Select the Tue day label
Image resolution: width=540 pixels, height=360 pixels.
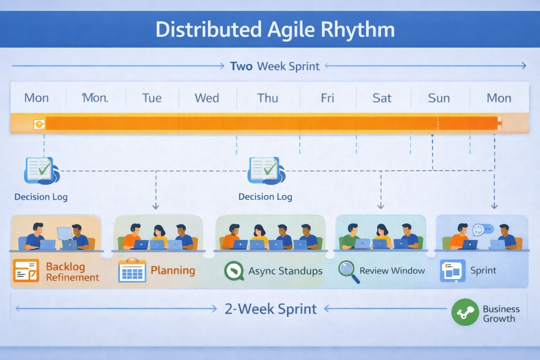[152, 98]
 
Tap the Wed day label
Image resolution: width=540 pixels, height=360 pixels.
[207, 98]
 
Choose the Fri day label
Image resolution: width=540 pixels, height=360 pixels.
[327, 98]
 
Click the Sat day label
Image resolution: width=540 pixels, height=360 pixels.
[381, 98]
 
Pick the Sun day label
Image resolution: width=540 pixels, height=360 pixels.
[438, 98]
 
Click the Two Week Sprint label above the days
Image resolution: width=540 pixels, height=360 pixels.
[275, 66]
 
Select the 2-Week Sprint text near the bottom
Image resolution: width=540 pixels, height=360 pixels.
[270, 309]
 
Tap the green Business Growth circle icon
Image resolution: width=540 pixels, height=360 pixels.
[465, 312]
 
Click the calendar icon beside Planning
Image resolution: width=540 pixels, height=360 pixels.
[132, 271]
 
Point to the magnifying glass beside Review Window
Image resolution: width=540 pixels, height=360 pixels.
[348, 271]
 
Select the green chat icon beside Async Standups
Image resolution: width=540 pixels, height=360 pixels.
[234, 271]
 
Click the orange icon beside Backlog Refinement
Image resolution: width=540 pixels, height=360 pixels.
[26, 271]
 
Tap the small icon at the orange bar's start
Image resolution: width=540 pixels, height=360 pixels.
[39, 124]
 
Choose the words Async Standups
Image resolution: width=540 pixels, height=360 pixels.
[285, 271]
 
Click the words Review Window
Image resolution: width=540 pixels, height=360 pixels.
[392, 271]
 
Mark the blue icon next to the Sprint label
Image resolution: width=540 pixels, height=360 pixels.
[452, 271]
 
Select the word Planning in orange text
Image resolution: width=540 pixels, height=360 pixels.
[173, 270]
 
